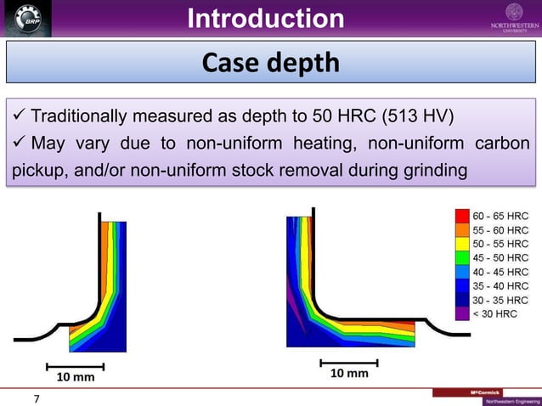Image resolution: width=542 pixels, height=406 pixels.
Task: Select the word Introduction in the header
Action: click(x=265, y=18)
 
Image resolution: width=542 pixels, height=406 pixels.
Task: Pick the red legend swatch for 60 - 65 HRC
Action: click(x=462, y=216)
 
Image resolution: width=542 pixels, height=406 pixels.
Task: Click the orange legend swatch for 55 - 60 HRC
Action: click(x=462, y=230)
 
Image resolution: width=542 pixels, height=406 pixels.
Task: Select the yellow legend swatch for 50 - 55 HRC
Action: click(x=462, y=244)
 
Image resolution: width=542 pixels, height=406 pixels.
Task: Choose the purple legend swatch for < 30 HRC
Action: click(x=462, y=313)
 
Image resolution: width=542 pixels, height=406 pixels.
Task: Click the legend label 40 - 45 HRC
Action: click(x=500, y=272)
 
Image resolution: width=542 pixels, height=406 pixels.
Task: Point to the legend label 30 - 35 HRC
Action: click(x=500, y=300)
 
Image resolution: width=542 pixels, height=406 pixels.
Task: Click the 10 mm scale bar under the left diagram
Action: click(x=75, y=367)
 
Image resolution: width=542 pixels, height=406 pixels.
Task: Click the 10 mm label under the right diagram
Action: click(x=349, y=374)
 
